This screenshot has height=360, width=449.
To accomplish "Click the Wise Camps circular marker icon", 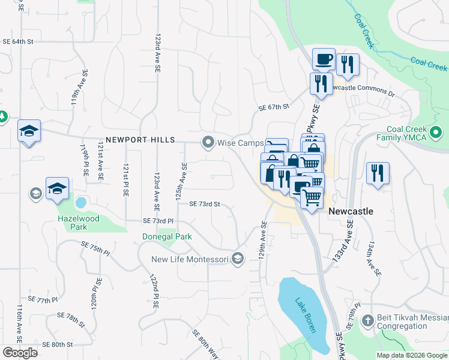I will coord(208,142).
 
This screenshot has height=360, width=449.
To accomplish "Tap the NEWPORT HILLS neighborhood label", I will coord(140,140).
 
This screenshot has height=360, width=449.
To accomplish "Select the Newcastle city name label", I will coord(351,212).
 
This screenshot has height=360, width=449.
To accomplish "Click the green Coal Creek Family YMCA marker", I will coord(436,131).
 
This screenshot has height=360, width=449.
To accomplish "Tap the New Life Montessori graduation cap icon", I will coord(238,259).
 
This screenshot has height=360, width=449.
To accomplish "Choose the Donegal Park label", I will coord(167,236).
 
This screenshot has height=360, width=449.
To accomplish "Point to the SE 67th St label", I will coord(274,107).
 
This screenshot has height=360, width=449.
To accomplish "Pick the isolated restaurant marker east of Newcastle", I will coord(378,173).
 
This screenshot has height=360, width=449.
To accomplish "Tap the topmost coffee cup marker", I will coord(324,59).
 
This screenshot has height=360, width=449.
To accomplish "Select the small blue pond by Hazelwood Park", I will coord(80,202).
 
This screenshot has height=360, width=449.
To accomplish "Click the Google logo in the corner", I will coord(20,352).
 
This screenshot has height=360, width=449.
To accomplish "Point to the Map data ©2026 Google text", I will coord(411,355).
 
